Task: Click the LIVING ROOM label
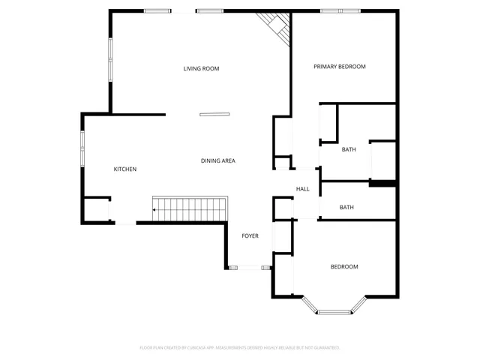click(201, 69)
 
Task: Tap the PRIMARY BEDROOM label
click(339, 67)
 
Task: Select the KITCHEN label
click(125, 169)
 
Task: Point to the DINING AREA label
click(218, 161)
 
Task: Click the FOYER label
click(250, 236)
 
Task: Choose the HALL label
click(303, 189)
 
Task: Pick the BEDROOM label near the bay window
click(344, 267)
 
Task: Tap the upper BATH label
click(349, 150)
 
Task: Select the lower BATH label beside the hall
click(346, 208)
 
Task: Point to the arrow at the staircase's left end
click(154, 210)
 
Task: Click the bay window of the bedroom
click(334, 307)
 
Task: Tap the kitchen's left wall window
click(82, 147)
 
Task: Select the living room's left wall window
click(111, 60)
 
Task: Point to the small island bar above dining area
click(215, 115)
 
